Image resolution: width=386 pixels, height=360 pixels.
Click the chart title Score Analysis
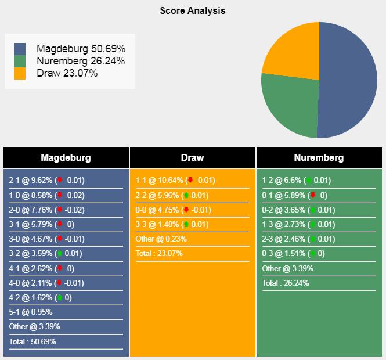(x=193, y=10)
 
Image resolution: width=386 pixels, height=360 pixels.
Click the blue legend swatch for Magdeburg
(x=20, y=49)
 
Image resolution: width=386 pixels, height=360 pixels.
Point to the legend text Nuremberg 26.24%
(x=80, y=61)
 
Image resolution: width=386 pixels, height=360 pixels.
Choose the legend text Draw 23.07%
(x=67, y=73)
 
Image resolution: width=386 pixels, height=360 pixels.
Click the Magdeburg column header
(x=66, y=157)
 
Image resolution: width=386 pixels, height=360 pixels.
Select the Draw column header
(x=192, y=157)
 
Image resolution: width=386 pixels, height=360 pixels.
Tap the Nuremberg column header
(x=319, y=157)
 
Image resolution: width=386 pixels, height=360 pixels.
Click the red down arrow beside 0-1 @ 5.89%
(x=313, y=195)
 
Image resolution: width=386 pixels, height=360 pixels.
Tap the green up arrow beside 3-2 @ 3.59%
(x=59, y=254)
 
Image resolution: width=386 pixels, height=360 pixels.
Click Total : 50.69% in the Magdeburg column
(x=33, y=341)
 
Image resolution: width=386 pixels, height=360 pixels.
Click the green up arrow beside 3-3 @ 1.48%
(x=186, y=224)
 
